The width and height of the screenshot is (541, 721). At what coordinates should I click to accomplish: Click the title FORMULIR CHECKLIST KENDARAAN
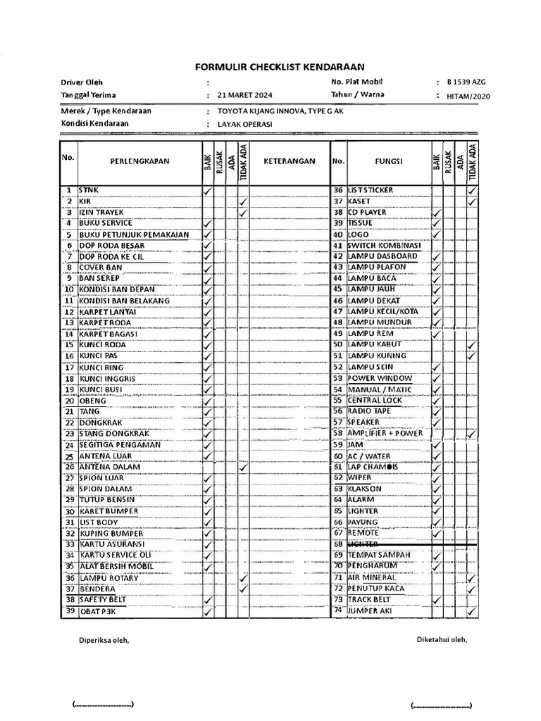(279, 67)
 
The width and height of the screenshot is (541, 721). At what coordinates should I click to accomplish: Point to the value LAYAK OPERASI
(244, 125)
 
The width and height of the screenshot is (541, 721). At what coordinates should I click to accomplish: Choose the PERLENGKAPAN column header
(139, 161)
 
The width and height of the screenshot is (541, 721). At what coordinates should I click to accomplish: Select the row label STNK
(89, 190)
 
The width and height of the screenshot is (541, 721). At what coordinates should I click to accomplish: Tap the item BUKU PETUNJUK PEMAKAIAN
(133, 234)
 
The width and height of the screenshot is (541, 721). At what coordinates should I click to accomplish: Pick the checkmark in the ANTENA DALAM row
(243, 468)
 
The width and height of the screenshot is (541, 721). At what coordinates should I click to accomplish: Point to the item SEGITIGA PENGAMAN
(120, 445)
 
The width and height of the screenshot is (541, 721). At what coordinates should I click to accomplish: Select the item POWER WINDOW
(380, 378)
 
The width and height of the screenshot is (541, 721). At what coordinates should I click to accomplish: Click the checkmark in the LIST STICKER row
(472, 191)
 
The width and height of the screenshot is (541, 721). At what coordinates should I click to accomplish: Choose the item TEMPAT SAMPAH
(379, 556)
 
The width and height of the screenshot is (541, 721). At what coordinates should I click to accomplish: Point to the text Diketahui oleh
(442, 640)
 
